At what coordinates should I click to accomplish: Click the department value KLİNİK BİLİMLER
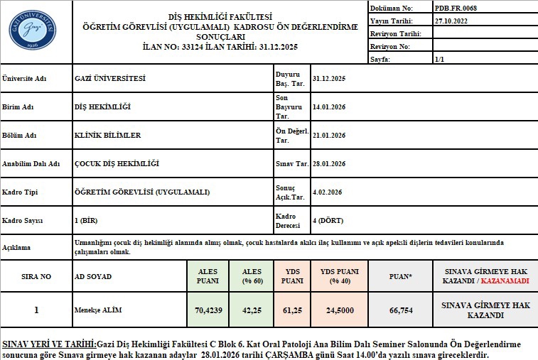coord(107,135)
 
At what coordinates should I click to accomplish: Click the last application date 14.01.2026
coord(329,107)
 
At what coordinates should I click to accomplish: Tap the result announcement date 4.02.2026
coord(328,192)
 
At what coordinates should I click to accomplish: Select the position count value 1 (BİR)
coord(86,220)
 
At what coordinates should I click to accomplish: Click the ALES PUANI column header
coord(208,276)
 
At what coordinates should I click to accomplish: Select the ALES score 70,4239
coord(208,310)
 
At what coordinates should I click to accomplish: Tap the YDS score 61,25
coord(292,310)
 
